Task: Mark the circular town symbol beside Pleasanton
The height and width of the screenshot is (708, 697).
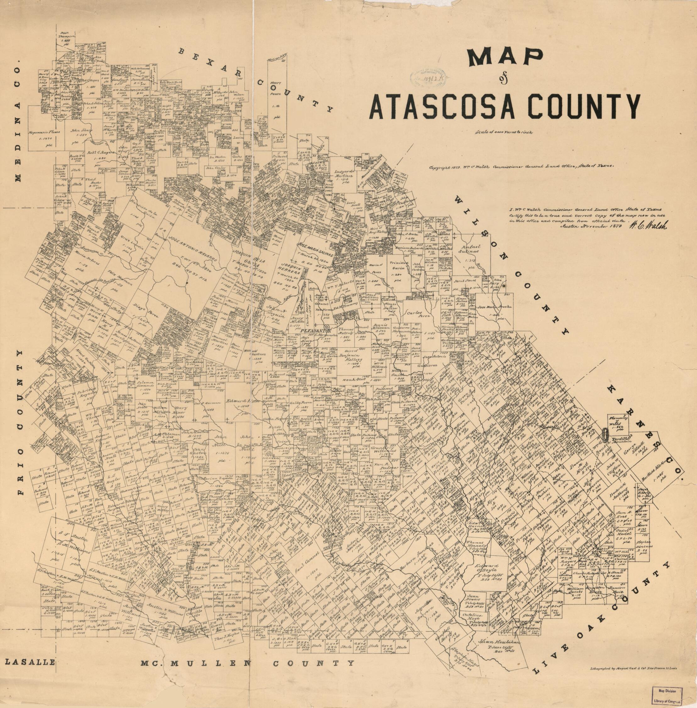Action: tap(327, 328)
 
